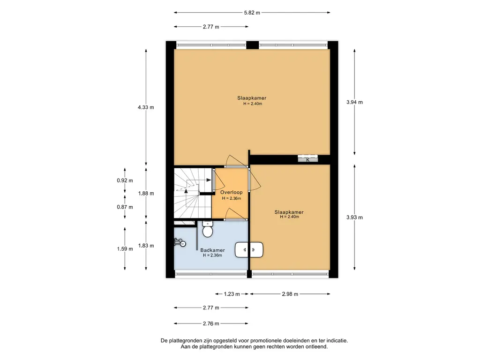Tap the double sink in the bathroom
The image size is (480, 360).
pos(249,250)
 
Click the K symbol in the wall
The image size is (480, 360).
pos(307,159)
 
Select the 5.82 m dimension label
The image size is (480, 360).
pos(252,13)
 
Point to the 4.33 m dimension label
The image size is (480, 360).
pos(146,107)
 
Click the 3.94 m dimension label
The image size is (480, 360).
pos(354,102)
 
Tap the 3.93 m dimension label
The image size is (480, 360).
pos(354,217)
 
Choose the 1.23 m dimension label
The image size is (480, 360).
pos(232,294)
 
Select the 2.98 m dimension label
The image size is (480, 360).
pos(290,294)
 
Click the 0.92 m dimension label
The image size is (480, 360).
pos(125,180)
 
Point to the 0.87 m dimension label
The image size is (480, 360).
pos(125,207)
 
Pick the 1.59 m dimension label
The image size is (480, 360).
pos(125,248)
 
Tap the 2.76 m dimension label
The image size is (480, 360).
pos(211,323)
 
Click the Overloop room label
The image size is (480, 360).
pos(232,192)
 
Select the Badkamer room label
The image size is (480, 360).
pos(212,250)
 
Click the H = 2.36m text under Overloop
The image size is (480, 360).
pos(232,198)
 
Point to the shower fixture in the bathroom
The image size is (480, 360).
pos(180,243)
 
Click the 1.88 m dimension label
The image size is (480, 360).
pos(146,193)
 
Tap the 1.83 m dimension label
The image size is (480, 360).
pos(146,246)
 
